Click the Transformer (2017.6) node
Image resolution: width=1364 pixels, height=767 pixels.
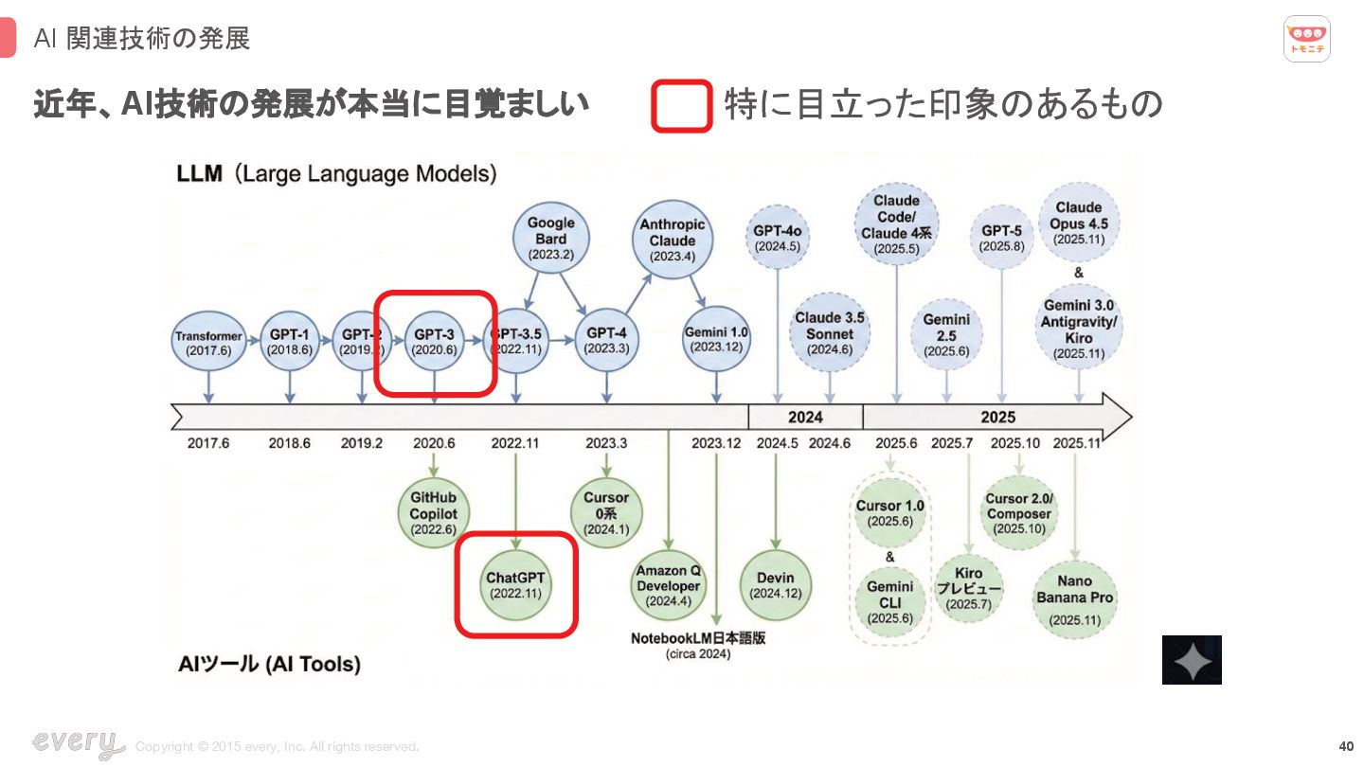tap(208, 343)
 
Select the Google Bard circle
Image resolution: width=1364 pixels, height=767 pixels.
tap(550, 239)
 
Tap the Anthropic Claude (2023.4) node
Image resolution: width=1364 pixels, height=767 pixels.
tap(673, 240)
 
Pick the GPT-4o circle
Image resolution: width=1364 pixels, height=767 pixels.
tap(778, 238)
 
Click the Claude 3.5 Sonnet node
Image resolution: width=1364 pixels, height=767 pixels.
tap(830, 333)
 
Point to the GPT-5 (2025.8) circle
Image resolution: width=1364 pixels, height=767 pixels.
tap(1001, 238)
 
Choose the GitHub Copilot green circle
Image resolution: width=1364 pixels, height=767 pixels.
tap(433, 513)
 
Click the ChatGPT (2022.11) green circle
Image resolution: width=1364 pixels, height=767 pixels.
tap(516, 585)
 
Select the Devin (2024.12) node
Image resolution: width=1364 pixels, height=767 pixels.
tap(776, 585)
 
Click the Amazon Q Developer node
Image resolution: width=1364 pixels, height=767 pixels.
tap(669, 585)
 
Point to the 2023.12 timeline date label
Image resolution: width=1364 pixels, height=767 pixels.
tap(716, 443)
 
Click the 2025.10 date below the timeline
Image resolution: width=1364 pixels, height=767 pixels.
tap(1015, 443)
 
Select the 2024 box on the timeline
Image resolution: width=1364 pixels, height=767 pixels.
tap(805, 417)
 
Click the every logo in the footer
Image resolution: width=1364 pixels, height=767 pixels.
tap(78, 744)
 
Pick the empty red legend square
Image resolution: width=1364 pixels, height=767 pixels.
tap(681, 105)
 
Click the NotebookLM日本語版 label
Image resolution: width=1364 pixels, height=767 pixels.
tap(698, 638)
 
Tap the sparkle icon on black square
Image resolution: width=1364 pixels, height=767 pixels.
tap(1192, 660)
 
